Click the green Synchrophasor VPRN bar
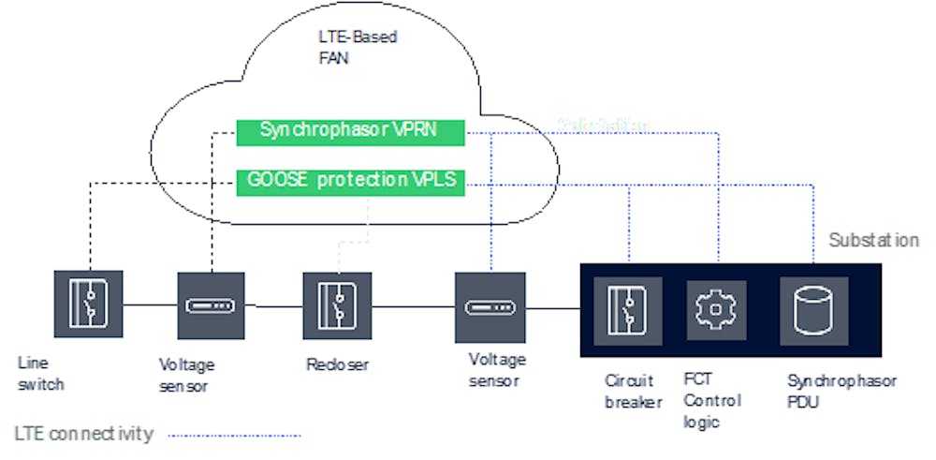pyautogui.click(x=350, y=132)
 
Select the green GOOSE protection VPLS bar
pyautogui.click(x=350, y=179)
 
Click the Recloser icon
pyautogui.click(x=337, y=305)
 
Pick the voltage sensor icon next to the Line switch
pyautogui.click(x=211, y=305)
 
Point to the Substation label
pyautogui.click(x=873, y=241)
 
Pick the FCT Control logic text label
pyautogui.click(x=712, y=400)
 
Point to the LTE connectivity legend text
pyautogui.click(x=84, y=434)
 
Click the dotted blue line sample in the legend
pyautogui.click(x=234, y=435)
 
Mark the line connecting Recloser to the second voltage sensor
pyautogui.click(x=412, y=306)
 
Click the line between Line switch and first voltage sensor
pyautogui.click(x=149, y=305)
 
